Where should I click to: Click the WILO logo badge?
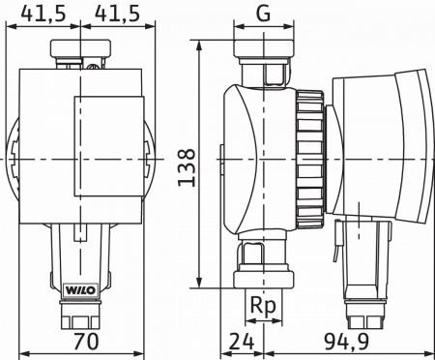[80, 289]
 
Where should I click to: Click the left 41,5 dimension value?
[43, 14]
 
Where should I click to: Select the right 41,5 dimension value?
[118, 14]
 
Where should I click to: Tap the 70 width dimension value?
[86, 342]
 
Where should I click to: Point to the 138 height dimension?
[188, 167]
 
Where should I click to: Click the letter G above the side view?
[264, 14]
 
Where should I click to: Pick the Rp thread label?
[263, 305]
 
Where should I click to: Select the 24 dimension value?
[242, 342]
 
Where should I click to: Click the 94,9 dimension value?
[347, 342]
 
